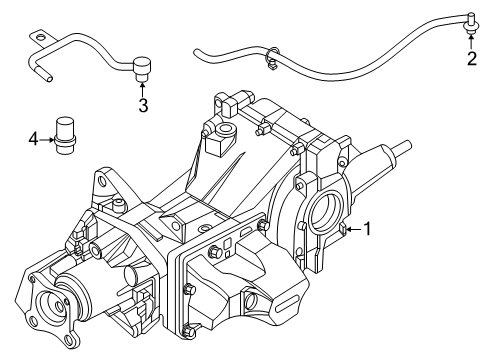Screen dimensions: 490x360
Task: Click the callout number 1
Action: coord(367,229)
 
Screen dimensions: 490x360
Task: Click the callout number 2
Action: coord(472,59)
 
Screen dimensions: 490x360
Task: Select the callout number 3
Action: coord(143,105)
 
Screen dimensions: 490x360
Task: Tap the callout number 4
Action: coord(33,139)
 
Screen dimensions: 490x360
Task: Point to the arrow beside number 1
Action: coord(354,229)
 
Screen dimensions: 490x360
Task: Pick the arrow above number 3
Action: coord(142,89)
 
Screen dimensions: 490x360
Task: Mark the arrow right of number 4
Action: coord(46,140)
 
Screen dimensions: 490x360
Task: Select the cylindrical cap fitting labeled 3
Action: coord(142,69)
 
